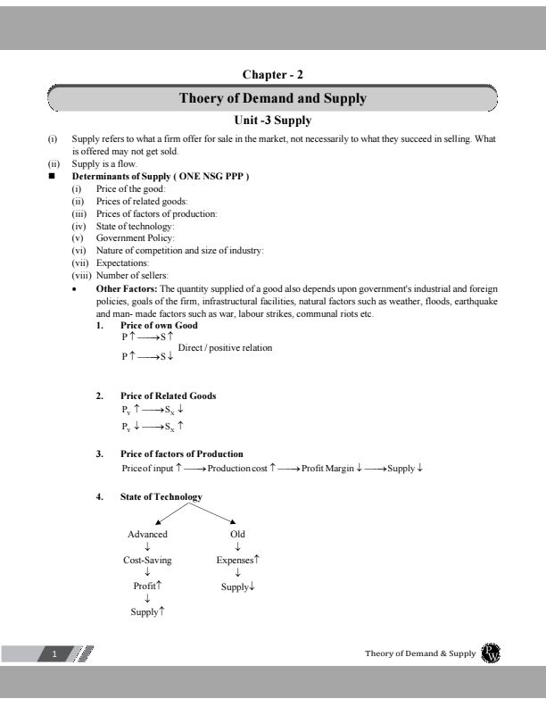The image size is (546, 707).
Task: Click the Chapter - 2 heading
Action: coord(272,74)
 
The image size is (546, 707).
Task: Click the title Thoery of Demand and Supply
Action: coord(272,98)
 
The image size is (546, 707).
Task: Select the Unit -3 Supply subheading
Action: coord(272,121)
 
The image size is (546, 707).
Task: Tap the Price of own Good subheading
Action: coord(159,326)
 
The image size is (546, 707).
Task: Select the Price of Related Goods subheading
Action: coord(168,395)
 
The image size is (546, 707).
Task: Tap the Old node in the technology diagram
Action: coord(237,534)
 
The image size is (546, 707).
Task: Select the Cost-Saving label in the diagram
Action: coord(147,560)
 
